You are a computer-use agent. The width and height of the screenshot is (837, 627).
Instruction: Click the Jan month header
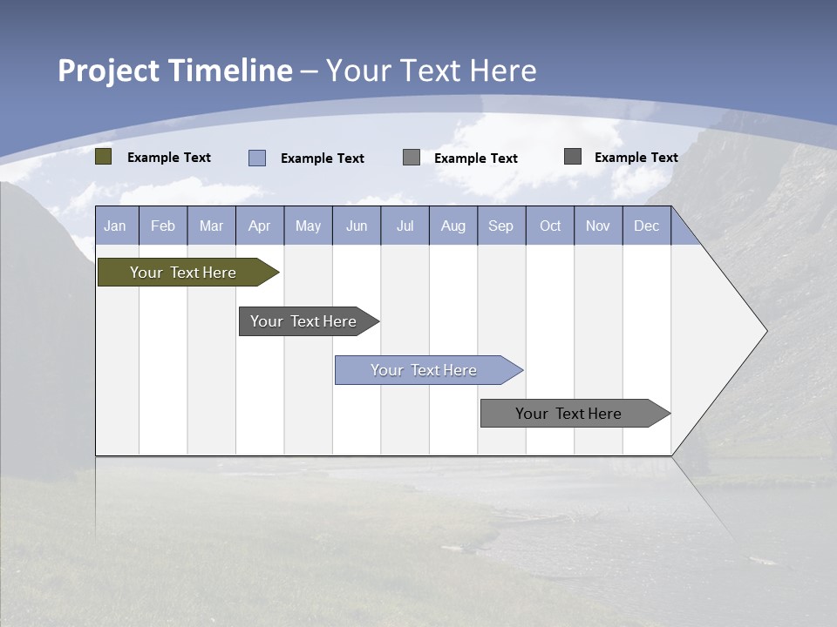(115, 226)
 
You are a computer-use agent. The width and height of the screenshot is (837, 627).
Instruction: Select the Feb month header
(163, 226)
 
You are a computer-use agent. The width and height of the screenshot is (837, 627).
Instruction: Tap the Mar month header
(211, 226)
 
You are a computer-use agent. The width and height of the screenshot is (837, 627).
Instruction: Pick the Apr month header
(260, 226)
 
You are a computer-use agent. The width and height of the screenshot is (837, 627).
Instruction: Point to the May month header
(308, 226)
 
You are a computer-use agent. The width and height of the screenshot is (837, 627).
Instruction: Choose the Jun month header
(357, 226)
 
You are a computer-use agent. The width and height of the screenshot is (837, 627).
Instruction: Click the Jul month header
(405, 226)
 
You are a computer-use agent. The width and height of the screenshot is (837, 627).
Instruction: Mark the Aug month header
(453, 226)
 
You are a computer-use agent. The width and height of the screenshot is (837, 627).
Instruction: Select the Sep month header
(501, 226)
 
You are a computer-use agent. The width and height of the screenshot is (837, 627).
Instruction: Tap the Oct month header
(550, 226)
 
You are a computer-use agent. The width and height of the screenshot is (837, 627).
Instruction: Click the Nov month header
(598, 226)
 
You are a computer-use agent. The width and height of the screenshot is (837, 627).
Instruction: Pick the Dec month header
(647, 226)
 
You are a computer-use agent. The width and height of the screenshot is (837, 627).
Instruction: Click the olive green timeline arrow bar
(184, 273)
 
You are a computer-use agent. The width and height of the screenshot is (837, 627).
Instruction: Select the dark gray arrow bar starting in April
(304, 321)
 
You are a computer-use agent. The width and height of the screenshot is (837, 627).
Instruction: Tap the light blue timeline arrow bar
(425, 370)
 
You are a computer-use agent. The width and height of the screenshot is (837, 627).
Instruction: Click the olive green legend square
(104, 157)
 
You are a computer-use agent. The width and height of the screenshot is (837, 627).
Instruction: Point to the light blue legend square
(257, 158)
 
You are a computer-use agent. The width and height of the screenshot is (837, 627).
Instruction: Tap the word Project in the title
(109, 71)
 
